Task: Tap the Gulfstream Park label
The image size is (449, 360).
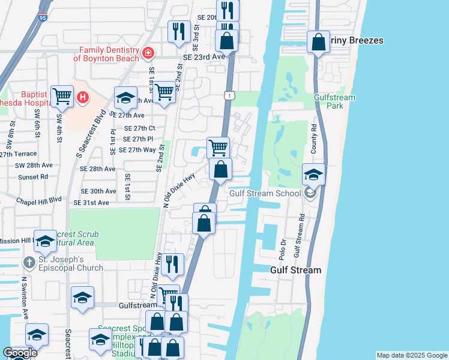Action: click(334, 102)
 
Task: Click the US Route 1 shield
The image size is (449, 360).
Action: click(229, 95)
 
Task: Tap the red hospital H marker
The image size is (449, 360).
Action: click(83, 96)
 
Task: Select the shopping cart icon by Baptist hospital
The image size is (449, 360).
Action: click(62, 95)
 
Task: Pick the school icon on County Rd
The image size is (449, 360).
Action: click(313, 174)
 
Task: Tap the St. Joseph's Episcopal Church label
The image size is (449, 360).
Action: click(71, 263)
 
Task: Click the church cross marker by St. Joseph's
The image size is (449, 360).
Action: click(29, 263)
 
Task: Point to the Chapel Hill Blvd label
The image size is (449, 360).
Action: click(39, 200)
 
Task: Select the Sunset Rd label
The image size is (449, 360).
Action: click(32, 177)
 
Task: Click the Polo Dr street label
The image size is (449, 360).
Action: click(281, 240)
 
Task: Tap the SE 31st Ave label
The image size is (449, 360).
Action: click(95, 203)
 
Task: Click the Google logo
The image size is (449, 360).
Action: click(20, 353)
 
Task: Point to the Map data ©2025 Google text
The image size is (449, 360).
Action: click(412, 355)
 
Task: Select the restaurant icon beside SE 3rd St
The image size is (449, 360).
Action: click(179, 31)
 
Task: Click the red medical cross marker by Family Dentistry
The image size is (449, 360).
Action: click(148, 55)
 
